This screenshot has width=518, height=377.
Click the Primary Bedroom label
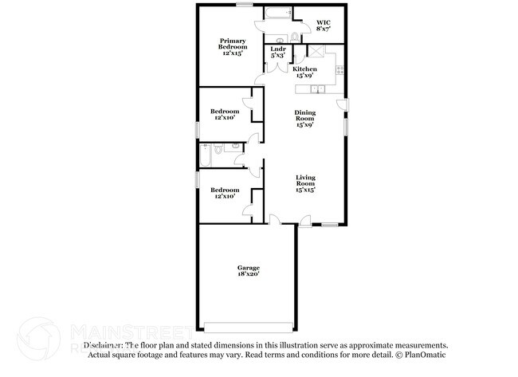tap(233, 47)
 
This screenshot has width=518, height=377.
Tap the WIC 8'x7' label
tap(324, 25)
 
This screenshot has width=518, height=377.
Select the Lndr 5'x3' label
tap(277, 53)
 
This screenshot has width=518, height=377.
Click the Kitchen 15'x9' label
tap(304, 72)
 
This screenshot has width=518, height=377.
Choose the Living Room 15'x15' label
tap(304, 183)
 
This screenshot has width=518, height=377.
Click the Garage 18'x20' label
tap(248, 271)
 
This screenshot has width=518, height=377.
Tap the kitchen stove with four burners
tap(339, 69)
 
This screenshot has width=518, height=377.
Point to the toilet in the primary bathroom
tap(294, 37)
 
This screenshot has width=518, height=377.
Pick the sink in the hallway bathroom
tap(237, 147)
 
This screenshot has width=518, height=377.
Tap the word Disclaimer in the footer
tap(107, 345)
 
